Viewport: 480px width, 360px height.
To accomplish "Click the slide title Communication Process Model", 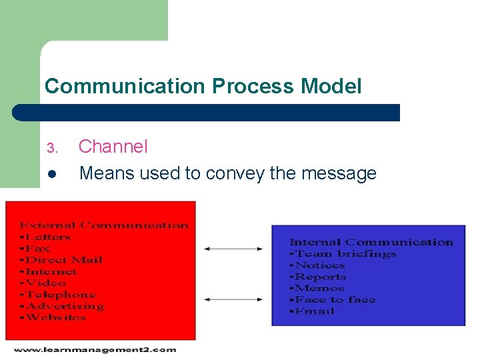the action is (x=203, y=86).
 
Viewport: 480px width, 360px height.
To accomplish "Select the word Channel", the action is (x=113, y=147).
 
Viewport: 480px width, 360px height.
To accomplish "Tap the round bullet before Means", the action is (x=53, y=175).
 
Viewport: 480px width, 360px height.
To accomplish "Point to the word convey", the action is (x=236, y=174).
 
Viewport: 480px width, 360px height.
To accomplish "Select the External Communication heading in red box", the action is (x=103, y=225).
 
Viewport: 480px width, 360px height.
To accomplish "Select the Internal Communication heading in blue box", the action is (x=371, y=242).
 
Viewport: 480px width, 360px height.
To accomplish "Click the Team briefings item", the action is (x=344, y=253).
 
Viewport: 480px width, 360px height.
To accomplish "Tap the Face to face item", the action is (x=335, y=299).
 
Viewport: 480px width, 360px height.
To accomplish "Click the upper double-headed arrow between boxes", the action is (x=233, y=249).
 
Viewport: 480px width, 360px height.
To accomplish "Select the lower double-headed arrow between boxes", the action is (x=233, y=299).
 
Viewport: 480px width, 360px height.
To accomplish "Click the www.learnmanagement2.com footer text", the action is (x=94, y=349).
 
